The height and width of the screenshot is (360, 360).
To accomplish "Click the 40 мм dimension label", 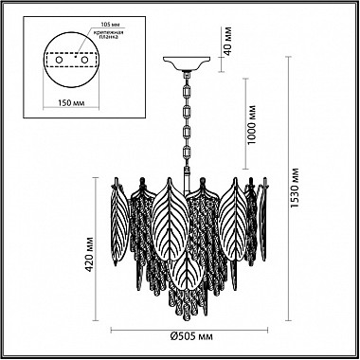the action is click(228, 40).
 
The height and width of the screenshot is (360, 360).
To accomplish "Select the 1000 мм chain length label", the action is click(252, 124).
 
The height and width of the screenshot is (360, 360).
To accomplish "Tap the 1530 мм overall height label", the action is click(295, 188).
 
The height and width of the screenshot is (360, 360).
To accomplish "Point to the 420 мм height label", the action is click(91, 255).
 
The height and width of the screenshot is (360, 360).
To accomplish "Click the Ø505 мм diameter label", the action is click(191, 336).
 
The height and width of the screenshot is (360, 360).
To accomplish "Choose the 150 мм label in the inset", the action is click(72, 103).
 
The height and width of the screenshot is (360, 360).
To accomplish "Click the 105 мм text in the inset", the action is click(109, 25).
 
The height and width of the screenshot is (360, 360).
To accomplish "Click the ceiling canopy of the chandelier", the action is click(187, 63).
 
